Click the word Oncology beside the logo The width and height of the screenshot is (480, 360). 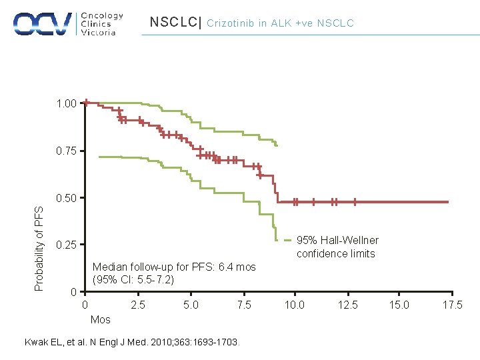coord(102,15)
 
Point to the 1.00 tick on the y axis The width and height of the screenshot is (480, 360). coord(66,104)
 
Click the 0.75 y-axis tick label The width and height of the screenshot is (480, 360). coord(66,151)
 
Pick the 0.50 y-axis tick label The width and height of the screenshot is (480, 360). coord(66,198)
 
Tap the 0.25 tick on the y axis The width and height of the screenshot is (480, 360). coord(66,245)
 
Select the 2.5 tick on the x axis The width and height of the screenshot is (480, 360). coord(137,305)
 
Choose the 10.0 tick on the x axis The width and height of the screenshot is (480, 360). coord(295,305)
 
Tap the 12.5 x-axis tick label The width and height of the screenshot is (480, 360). coord(347,305)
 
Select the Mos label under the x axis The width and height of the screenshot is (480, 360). coord(100,319)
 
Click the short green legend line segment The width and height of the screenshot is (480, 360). coord(287,240)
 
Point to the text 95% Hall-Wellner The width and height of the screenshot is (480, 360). coord(337,240)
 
